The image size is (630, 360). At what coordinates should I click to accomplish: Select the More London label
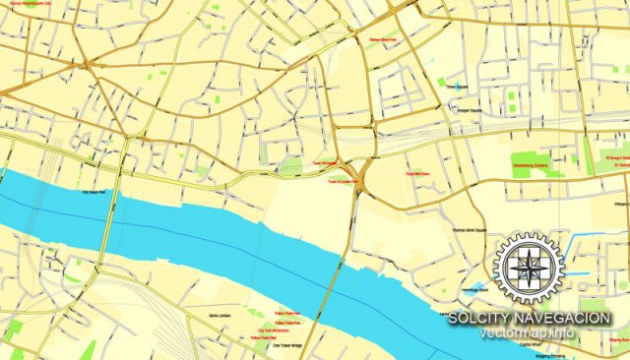(x=220, y=316)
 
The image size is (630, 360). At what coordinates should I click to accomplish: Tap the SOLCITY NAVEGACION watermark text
(x=529, y=318)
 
